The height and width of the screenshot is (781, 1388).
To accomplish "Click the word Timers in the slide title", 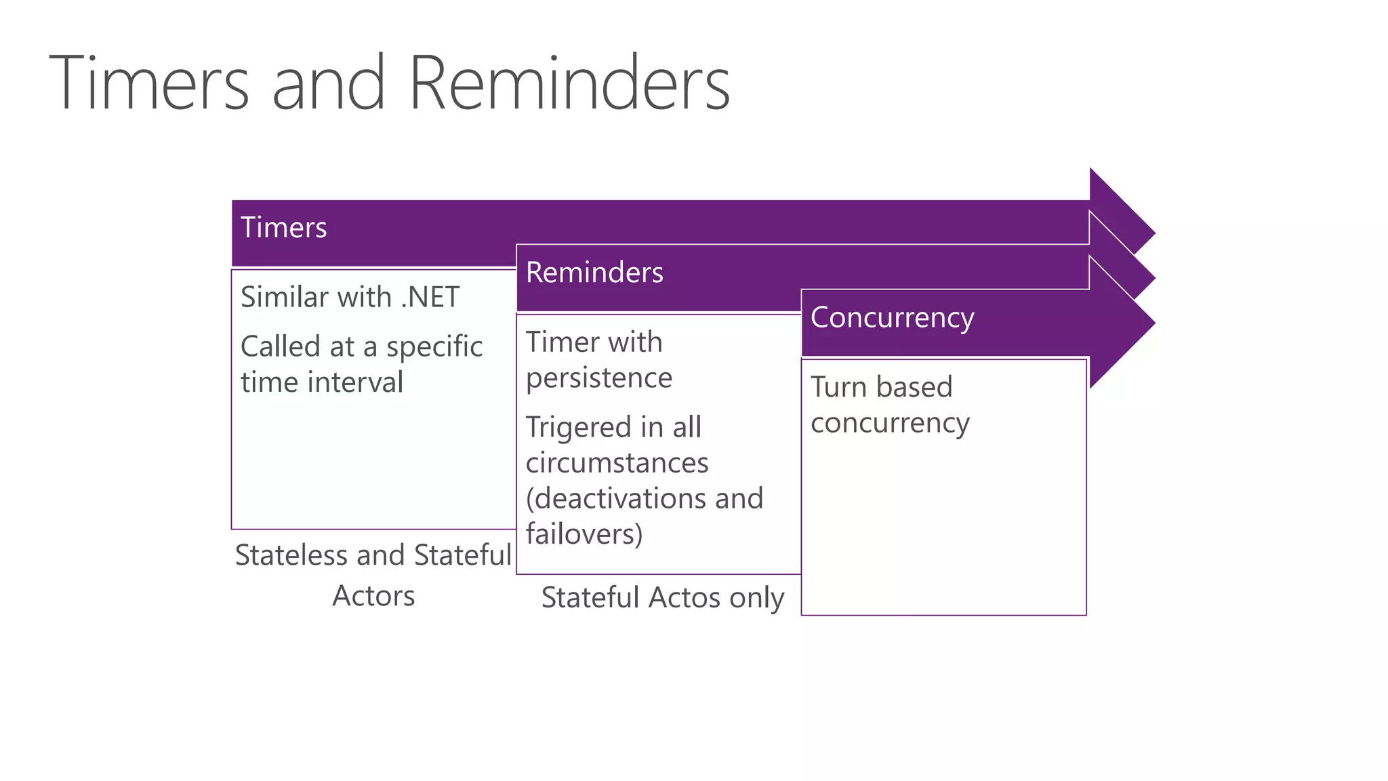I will point(149,84).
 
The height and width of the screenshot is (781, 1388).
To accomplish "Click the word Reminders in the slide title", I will point(569,84).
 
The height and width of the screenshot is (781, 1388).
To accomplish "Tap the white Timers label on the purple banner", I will point(283,228).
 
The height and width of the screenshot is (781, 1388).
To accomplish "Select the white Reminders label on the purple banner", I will point(594,273).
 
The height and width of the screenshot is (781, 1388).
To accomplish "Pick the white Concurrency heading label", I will point(892,318).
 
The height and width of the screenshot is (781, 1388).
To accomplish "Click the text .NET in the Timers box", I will point(430,298).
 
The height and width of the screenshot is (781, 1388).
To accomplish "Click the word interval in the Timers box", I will point(355,382).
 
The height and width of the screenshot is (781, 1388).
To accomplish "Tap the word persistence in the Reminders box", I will point(599,378).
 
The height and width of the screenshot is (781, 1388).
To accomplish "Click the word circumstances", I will point(617,463).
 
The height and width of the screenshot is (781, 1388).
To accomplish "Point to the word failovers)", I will point(584,534).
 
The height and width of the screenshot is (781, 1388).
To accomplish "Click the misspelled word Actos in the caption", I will point(685,598).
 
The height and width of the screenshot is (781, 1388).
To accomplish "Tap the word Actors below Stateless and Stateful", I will point(373,596).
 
